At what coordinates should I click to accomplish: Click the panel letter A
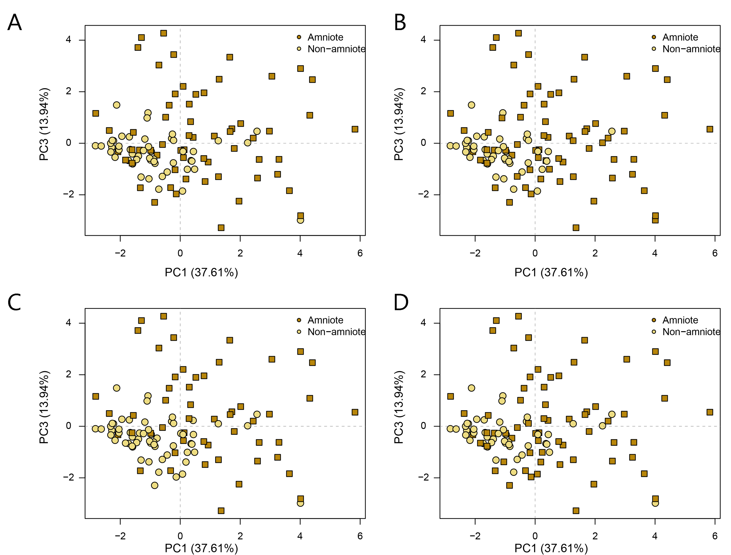(15, 22)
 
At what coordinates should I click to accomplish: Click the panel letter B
(400, 22)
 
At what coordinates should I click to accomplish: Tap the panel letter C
(15, 302)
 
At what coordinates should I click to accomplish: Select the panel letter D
(401, 302)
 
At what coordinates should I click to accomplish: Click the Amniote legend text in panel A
(325, 37)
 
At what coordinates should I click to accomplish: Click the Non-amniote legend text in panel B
(691, 49)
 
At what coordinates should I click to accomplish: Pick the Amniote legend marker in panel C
(299, 320)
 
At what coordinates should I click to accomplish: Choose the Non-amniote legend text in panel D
(691, 332)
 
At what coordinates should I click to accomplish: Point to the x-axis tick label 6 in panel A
(360, 253)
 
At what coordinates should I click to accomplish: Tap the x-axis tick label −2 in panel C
(120, 536)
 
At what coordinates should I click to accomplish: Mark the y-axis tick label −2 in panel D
(423, 478)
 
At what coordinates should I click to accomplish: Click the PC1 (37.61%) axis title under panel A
(201, 272)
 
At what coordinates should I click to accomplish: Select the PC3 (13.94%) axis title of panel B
(399, 124)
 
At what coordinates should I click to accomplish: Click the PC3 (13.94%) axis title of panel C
(44, 407)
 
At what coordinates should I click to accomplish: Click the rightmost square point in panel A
(355, 129)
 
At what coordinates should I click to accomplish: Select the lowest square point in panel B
(576, 228)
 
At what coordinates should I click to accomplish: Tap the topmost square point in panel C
(163, 316)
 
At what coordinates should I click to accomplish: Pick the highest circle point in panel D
(471, 388)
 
